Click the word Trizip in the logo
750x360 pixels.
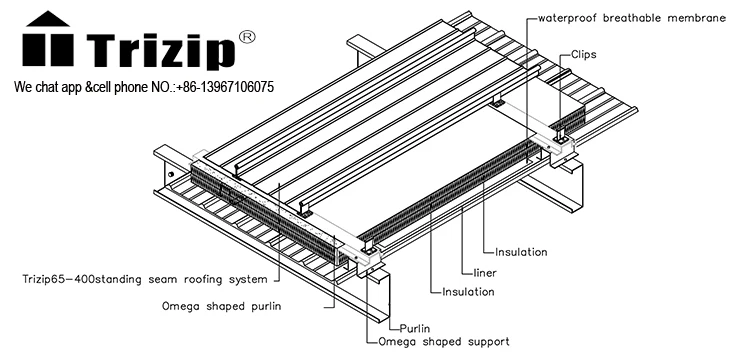(x=161, y=51)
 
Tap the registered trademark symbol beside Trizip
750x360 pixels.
(x=247, y=37)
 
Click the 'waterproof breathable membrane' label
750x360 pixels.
(x=632, y=18)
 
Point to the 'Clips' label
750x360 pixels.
(x=584, y=55)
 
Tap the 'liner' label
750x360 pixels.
(x=485, y=273)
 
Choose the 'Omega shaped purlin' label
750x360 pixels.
(x=221, y=306)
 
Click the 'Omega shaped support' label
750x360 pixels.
(x=443, y=342)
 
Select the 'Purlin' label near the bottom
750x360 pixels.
(x=415, y=328)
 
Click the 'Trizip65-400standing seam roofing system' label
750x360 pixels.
(x=145, y=279)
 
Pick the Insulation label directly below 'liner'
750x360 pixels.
(x=468, y=292)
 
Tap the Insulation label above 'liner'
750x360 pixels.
(x=521, y=252)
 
